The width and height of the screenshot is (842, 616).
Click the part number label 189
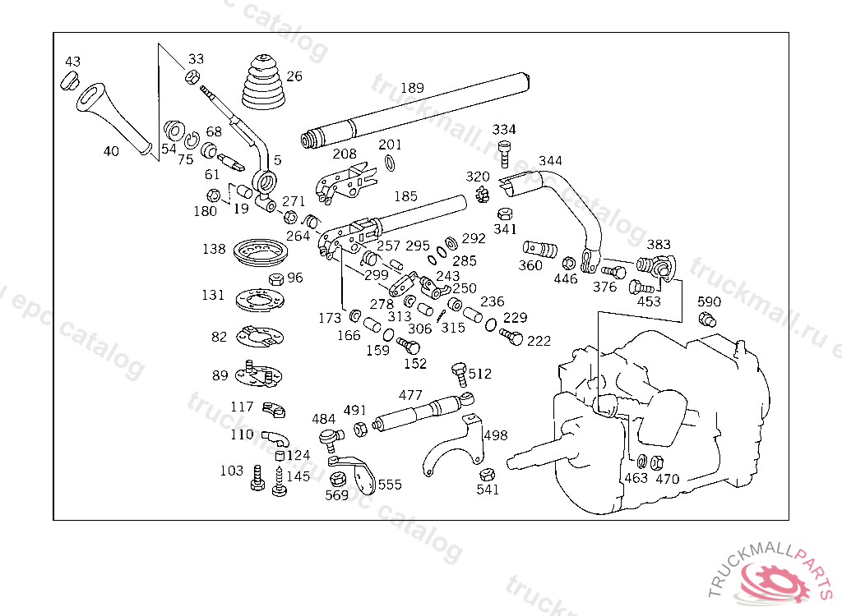coord(412,88)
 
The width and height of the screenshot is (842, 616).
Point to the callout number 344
coord(550,160)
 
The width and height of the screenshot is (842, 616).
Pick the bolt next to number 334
coord(504,152)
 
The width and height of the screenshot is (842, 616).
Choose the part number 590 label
coord(709,301)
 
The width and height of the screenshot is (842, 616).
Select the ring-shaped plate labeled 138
coord(259,252)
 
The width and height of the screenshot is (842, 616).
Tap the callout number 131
coord(213,296)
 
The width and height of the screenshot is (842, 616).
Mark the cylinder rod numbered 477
coord(419,410)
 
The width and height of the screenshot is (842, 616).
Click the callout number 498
coord(495,435)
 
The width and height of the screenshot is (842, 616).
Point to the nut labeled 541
coord(486,475)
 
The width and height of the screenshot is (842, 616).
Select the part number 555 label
coord(390,485)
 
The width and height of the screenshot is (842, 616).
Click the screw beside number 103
coord(257,478)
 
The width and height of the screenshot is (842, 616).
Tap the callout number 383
coord(659,245)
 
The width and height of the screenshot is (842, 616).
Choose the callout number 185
coord(405,196)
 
